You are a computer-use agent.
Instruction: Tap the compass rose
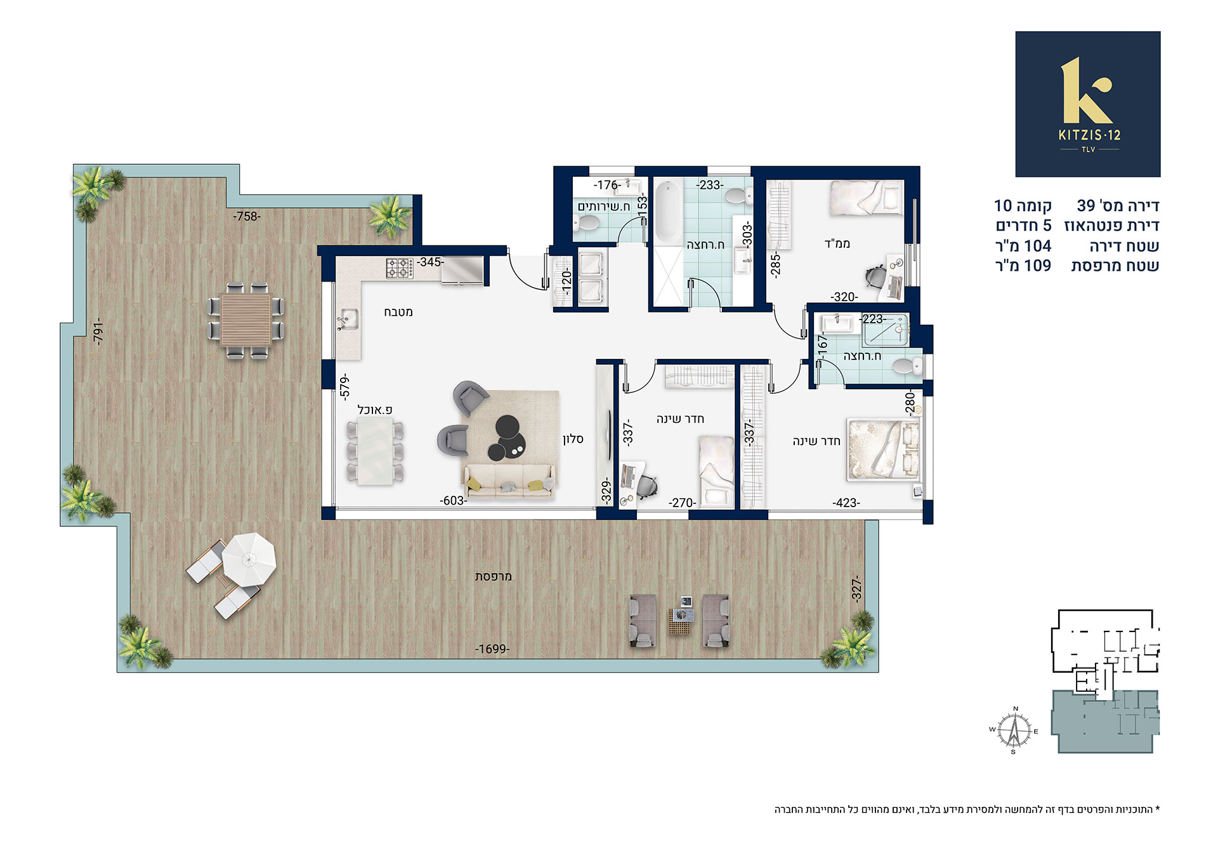coord(1014,730)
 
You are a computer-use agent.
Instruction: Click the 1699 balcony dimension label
coord(492,649)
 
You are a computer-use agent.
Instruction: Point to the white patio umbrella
coord(249,559)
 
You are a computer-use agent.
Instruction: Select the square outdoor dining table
coord(246,320)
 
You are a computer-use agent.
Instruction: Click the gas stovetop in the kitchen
coord(400,268)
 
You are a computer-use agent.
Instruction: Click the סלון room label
coord(573,439)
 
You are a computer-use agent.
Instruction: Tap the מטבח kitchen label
coord(398,312)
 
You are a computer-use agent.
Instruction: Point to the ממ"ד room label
coord(837,243)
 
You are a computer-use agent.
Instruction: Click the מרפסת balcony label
coord(493,576)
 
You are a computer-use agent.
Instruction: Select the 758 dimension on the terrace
coord(246,216)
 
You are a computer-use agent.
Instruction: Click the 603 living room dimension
coord(454,501)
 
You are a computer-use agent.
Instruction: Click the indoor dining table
coord(375,453)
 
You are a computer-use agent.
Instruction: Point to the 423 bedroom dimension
coord(846,503)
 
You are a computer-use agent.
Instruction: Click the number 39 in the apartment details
coord(1086,205)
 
